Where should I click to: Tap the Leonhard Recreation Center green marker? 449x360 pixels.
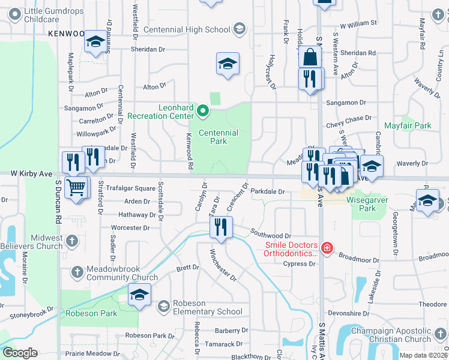[x=203, y=111]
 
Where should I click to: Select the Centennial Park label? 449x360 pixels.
[x=218, y=137]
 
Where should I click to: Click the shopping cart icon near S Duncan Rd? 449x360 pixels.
[x=75, y=187]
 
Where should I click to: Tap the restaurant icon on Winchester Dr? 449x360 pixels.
[x=220, y=227]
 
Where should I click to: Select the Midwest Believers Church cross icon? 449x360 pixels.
[x=71, y=241]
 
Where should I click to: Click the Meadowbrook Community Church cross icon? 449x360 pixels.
[x=77, y=272]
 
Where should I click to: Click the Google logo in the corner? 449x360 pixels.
[x=19, y=352]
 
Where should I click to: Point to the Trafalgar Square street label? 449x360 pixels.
[x=130, y=188]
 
